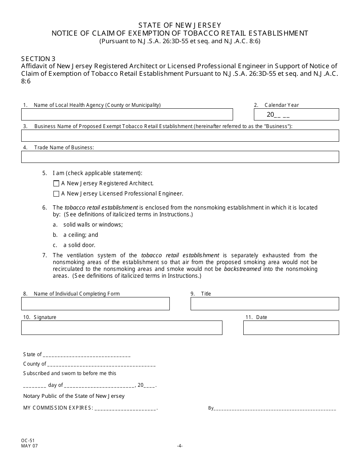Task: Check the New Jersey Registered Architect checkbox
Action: click(x=56, y=184)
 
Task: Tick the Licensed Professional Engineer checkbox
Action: click(x=56, y=194)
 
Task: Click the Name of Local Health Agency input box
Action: click(x=127, y=114)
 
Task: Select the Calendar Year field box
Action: click(x=296, y=114)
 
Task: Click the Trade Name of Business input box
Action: click(x=180, y=157)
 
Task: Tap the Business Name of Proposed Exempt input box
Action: click(x=180, y=136)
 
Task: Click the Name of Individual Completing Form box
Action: click(x=95, y=304)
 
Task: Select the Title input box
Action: click(x=265, y=304)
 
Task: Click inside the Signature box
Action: click(x=122, y=328)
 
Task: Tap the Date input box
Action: click(x=291, y=328)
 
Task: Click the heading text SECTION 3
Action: click(x=38, y=59)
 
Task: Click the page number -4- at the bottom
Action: click(x=180, y=446)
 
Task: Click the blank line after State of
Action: click(x=87, y=355)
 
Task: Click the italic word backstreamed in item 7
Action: click(x=243, y=269)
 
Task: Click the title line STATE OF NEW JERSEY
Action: click(x=180, y=25)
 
